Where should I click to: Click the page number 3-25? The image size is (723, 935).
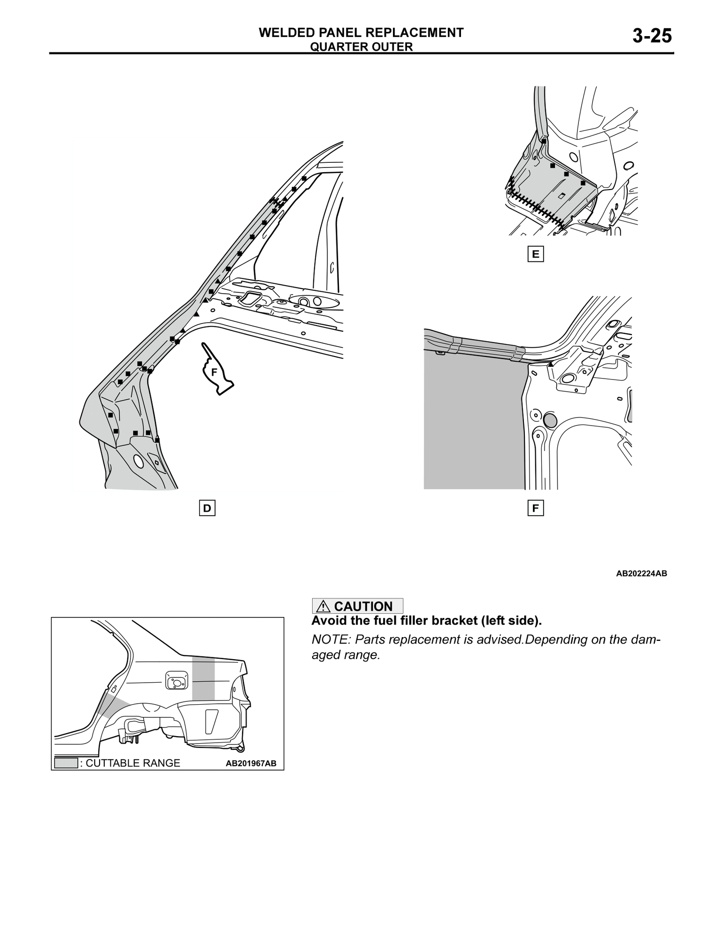click(652, 36)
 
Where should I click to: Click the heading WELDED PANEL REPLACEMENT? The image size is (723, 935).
click(361, 32)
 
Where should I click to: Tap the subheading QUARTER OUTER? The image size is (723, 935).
click(361, 47)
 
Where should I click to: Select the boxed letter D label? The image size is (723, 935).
click(207, 508)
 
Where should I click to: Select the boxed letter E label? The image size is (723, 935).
click(535, 254)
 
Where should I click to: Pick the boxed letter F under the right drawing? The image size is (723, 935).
click(535, 508)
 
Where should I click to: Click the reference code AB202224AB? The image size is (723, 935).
click(641, 573)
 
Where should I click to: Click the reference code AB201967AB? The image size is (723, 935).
click(251, 764)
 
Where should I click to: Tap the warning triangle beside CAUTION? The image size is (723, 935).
click(323, 607)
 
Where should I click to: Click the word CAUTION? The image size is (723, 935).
click(363, 607)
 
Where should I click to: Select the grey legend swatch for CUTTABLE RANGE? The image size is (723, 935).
click(66, 763)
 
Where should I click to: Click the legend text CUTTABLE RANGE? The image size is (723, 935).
click(133, 763)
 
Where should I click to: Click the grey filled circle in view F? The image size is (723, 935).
click(549, 420)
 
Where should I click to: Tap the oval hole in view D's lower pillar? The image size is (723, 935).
click(138, 461)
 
